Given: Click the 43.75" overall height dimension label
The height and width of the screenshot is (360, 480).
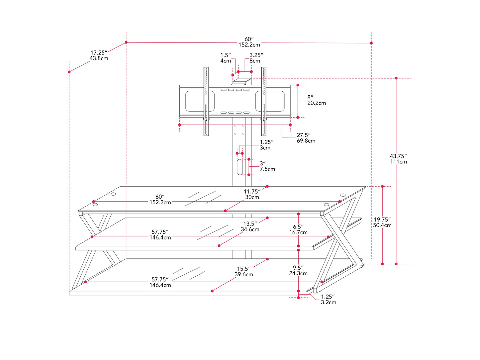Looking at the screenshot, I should click(398, 159).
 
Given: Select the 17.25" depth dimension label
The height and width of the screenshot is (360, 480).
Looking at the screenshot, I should click(99, 55).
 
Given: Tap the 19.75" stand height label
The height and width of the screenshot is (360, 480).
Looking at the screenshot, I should click(382, 223).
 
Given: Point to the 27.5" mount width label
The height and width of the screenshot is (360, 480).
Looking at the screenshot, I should click(306, 138).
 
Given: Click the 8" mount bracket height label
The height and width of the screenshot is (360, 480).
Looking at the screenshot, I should click(316, 100).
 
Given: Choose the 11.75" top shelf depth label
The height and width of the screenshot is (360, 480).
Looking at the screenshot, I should click(252, 194).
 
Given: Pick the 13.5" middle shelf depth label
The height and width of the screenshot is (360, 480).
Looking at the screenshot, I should click(250, 226).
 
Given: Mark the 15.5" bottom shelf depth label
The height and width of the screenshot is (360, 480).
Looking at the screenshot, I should click(243, 272).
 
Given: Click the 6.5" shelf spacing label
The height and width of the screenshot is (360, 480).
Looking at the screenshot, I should click(298, 229).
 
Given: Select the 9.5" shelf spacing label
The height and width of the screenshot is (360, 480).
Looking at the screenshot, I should click(298, 271).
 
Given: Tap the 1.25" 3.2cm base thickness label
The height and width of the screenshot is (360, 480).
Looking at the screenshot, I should click(328, 300).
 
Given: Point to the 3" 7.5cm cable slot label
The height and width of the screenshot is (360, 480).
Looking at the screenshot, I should click(267, 166).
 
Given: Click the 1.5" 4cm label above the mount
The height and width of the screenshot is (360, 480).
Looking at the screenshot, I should click(226, 58).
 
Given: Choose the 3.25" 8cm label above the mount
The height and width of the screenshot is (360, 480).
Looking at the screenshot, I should click(256, 58).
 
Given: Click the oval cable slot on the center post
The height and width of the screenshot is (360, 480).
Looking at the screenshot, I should click(240, 167).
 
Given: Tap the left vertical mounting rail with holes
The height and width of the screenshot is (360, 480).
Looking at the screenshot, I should click(206, 101).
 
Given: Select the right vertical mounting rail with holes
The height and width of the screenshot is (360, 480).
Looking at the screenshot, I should click(264, 101).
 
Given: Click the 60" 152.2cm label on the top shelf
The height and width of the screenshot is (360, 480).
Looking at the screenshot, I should click(160, 200).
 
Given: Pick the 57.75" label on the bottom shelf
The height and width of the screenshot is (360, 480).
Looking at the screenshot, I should click(160, 282).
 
